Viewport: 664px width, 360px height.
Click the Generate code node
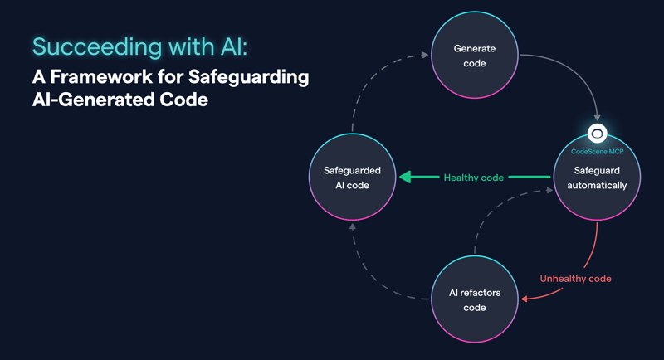(x=474, y=56)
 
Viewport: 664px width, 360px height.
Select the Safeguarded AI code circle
(x=352, y=178)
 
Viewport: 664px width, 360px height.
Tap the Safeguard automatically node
(x=597, y=178)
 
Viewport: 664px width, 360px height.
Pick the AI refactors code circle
(x=474, y=299)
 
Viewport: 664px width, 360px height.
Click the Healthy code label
(x=473, y=178)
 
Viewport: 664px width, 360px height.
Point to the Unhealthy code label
(x=575, y=279)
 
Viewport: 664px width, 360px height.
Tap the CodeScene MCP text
(x=597, y=152)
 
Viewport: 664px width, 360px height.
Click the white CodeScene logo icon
(x=597, y=134)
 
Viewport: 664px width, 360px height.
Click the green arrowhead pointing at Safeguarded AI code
(x=405, y=178)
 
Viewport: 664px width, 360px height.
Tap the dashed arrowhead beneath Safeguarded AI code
(x=352, y=226)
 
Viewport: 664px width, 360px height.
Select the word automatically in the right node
(x=597, y=185)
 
